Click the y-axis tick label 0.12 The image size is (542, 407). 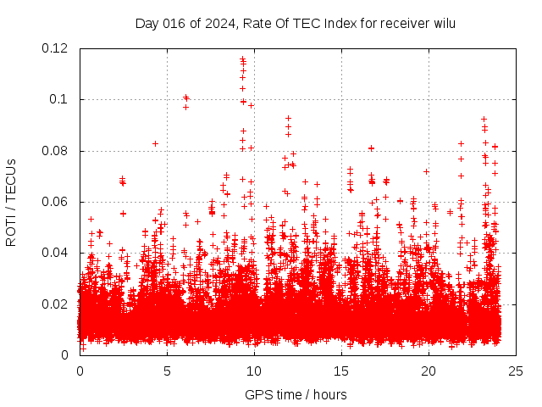coord(55,48)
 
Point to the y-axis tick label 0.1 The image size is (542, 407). coord(59,99)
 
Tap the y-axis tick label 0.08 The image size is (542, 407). coord(55,151)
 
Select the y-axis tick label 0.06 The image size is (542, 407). coord(55,202)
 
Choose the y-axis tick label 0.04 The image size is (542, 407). coord(55,253)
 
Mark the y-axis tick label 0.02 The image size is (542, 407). coord(55,304)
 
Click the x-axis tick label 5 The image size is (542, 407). coord(167,371)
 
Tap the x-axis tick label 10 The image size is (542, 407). coord(254,371)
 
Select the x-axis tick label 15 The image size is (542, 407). coord(341,371)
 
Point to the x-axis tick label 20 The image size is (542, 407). coord(429,371)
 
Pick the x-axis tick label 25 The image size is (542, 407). coord(516,371)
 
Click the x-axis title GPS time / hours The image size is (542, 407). coord(296,394)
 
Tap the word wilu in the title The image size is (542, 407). coord(445,23)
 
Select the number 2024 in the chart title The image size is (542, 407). coord(216,23)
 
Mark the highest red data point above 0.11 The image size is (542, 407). coord(242,59)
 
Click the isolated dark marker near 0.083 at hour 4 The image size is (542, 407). coord(155,143)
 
